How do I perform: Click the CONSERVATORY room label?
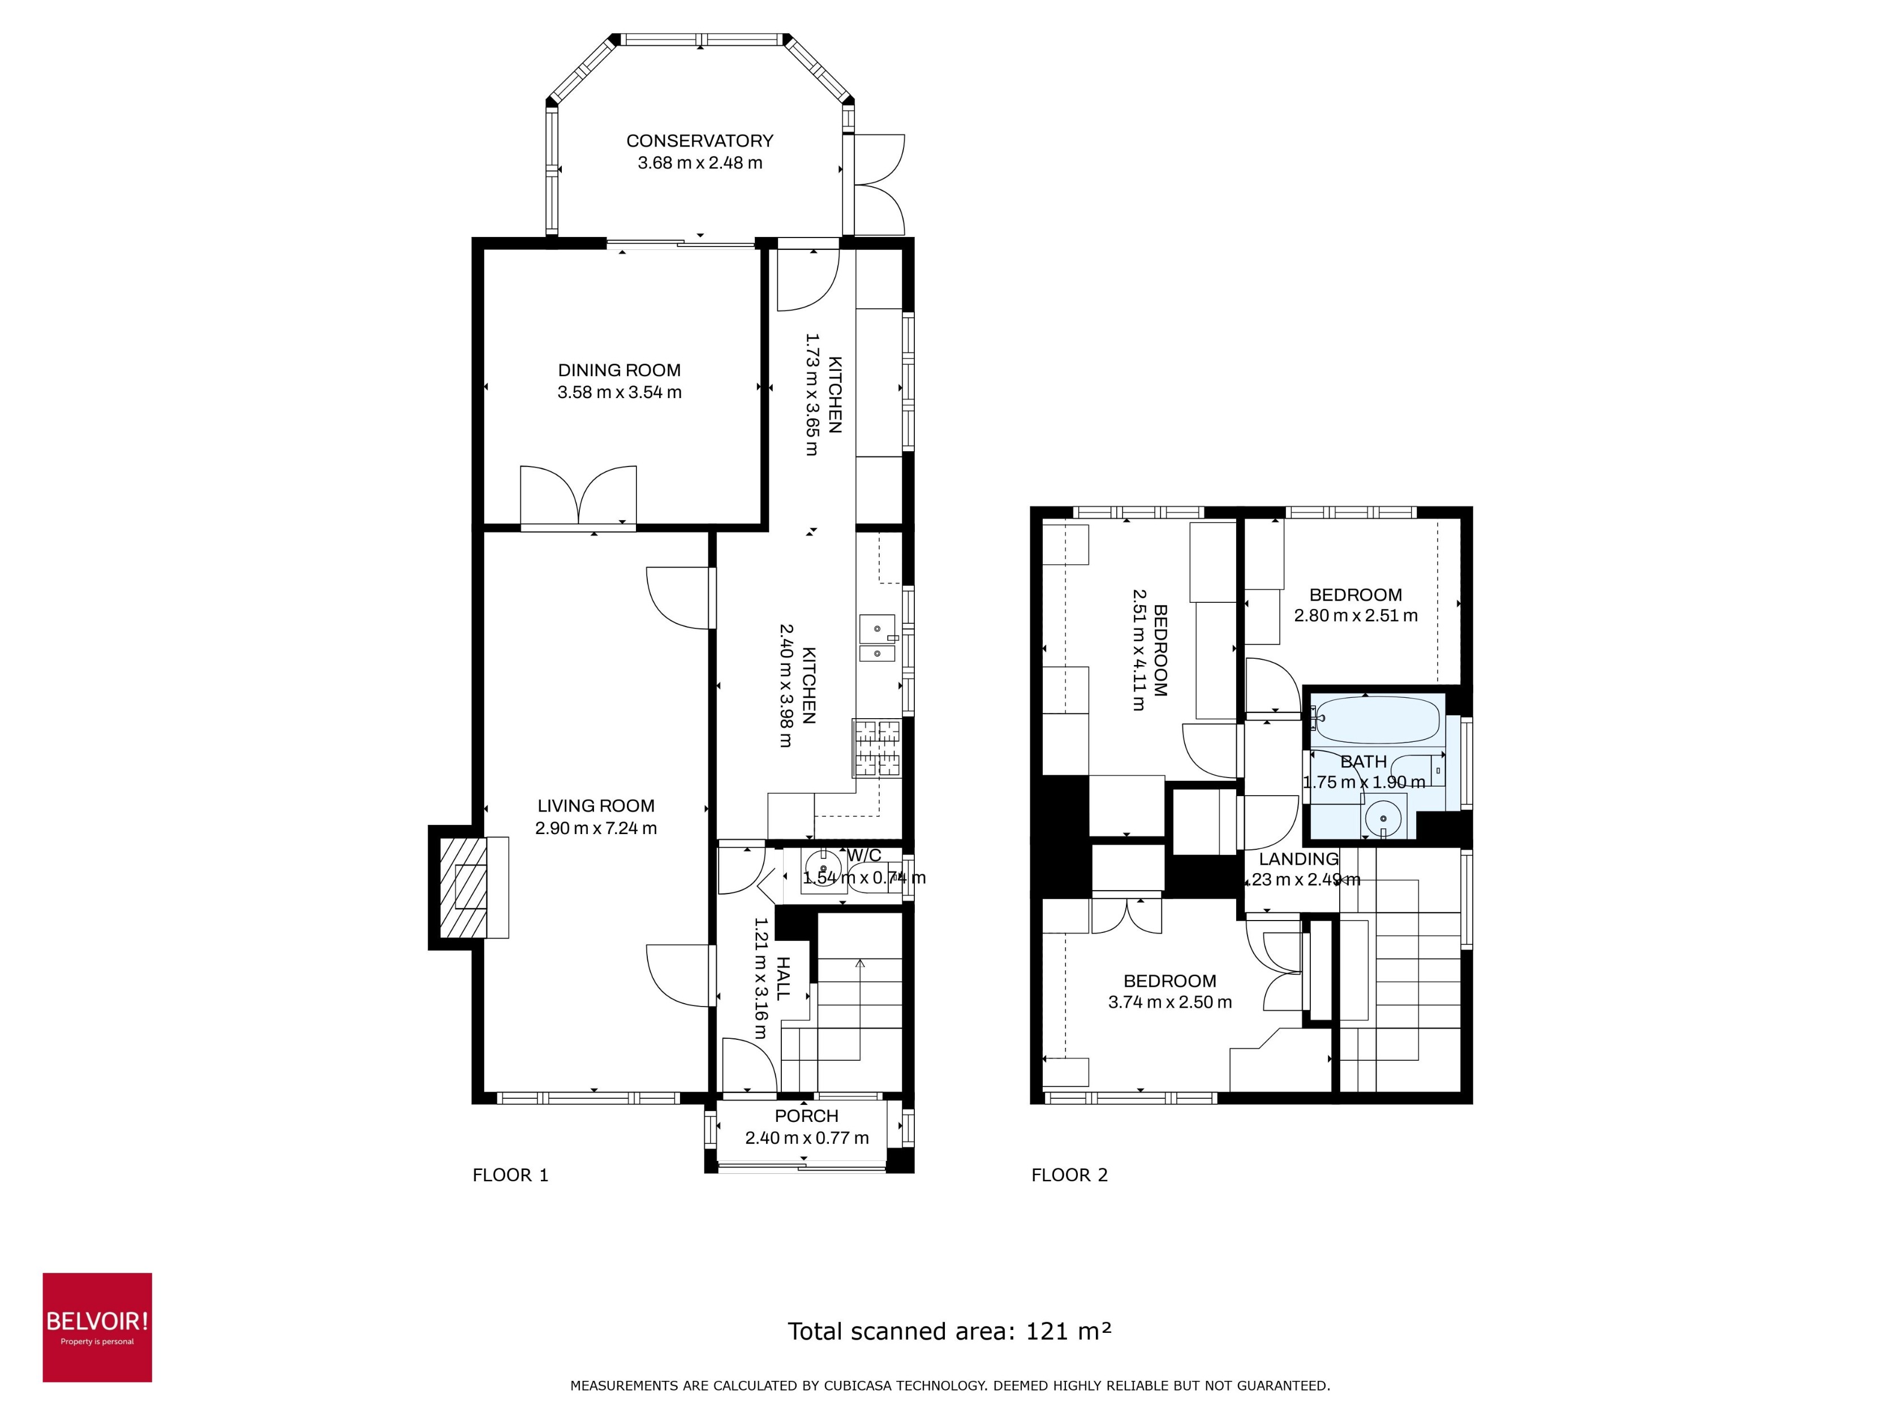[699, 140]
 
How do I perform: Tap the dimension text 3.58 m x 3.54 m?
[619, 392]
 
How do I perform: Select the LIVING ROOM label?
[596, 806]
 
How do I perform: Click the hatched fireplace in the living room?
[463, 887]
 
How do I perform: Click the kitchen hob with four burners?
[876, 748]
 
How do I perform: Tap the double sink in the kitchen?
[876, 639]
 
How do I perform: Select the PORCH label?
[806, 1116]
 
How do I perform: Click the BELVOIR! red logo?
[97, 1327]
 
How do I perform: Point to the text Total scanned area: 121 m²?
[949, 1331]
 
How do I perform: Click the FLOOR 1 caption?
[510, 1175]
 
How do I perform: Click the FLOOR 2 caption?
[1069, 1175]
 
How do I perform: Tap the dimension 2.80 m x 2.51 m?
[1355, 616]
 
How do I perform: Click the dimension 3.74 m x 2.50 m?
[1169, 1003]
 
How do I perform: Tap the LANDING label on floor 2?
[1298, 859]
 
